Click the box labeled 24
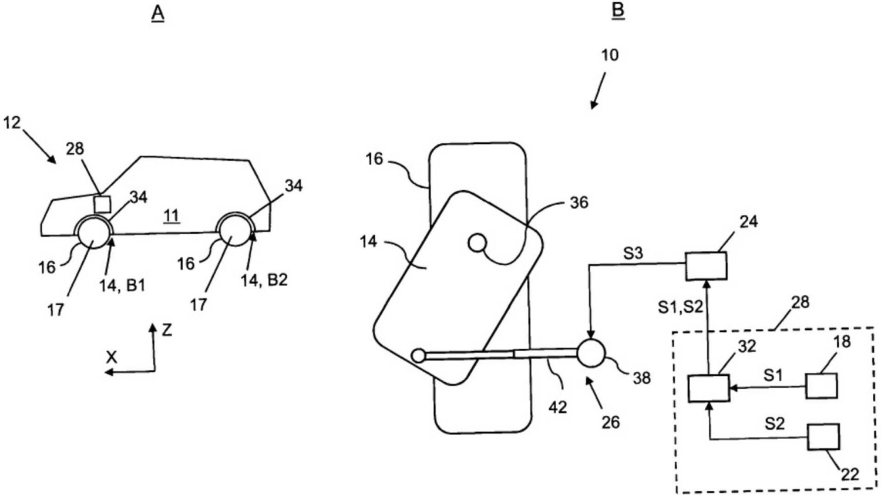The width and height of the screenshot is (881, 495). click(706, 266)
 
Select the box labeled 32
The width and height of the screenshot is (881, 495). click(708, 388)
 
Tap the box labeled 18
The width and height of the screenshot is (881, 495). click(821, 386)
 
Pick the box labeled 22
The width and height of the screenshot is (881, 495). click(823, 437)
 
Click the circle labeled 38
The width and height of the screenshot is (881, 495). click(591, 353)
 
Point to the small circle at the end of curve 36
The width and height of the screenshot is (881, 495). click(476, 242)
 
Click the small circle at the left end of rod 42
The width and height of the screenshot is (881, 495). click(418, 355)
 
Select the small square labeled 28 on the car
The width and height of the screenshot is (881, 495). click(102, 204)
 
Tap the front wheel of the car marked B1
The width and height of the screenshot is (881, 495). click(93, 234)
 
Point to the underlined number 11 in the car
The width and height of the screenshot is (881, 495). click(171, 216)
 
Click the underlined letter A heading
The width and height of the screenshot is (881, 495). click(157, 13)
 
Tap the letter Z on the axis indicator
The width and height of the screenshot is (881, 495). click(167, 331)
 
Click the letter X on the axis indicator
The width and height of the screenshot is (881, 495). click(111, 357)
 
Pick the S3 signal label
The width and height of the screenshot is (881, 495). click(633, 254)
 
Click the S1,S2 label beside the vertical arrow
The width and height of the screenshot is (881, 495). click(680, 306)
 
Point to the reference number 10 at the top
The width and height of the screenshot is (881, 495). click(610, 55)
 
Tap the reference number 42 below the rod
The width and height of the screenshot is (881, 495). click(557, 407)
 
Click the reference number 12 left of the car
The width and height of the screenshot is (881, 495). click(12, 123)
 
